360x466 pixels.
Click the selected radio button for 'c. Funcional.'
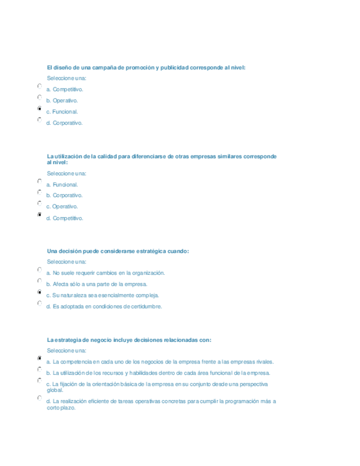point(40,109)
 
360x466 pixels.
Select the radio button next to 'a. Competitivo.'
point(40,86)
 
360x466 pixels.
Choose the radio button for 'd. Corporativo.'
point(40,119)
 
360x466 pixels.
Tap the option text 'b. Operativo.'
point(62,101)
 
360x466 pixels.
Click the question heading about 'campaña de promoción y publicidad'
point(146,68)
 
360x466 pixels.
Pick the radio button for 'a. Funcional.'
point(40,181)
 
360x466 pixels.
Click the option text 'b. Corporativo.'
point(64,195)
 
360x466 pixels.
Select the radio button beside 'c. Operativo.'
point(40,203)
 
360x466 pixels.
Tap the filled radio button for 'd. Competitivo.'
point(40,215)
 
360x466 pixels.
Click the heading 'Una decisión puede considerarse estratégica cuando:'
point(118,251)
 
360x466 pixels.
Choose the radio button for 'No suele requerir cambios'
point(40,270)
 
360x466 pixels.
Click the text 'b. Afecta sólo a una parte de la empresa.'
point(97,284)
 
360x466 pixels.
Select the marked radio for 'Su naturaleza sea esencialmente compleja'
point(40,292)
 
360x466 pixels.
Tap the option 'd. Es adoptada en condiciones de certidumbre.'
point(104,307)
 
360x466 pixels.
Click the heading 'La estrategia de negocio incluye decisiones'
point(129,340)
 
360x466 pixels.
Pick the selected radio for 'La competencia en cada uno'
point(40,358)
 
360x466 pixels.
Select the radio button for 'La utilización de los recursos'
point(40,370)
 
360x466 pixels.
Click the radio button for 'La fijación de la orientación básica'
point(40,380)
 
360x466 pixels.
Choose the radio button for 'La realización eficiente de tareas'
point(40,398)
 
